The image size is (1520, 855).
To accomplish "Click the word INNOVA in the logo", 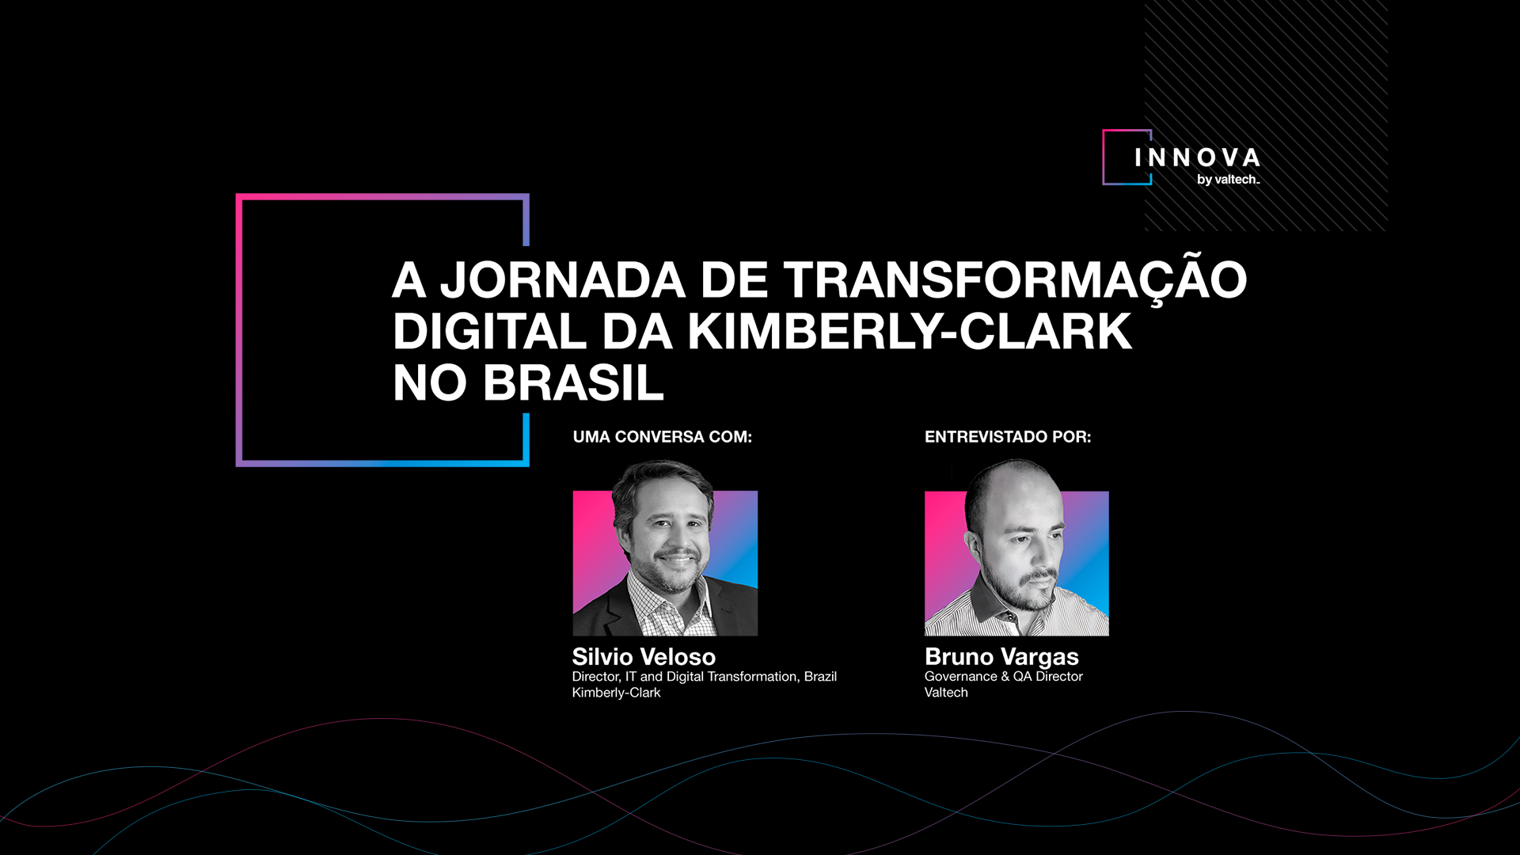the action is pyautogui.click(x=1197, y=158).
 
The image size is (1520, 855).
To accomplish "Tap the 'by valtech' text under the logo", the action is pyautogui.click(x=1228, y=180).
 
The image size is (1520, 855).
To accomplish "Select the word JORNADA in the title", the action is pyautogui.click(x=563, y=280).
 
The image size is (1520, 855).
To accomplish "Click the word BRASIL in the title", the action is pyautogui.click(x=573, y=382).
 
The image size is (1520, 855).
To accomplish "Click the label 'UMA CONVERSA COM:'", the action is pyautogui.click(x=663, y=437).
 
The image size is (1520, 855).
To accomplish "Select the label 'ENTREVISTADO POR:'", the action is pyautogui.click(x=1008, y=437).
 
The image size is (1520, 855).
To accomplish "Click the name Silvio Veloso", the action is pyautogui.click(x=644, y=656).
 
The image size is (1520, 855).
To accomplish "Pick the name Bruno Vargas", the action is pyautogui.click(x=1001, y=657).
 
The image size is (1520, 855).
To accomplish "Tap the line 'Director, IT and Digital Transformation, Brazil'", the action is pyautogui.click(x=704, y=677).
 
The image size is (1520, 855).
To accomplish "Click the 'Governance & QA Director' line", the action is pyautogui.click(x=1003, y=677).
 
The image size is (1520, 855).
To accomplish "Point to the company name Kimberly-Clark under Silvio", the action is pyautogui.click(x=616, y=693).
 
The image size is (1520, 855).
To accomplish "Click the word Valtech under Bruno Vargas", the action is pyautogui.click(x=946, y=693).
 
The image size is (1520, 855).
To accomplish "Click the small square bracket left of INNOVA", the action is pyautogui.click(x=1104, y=158).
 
